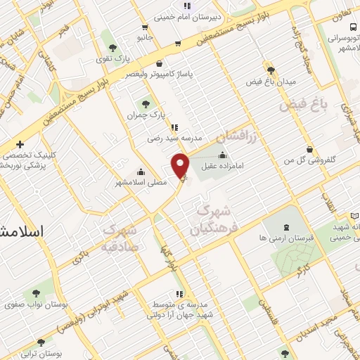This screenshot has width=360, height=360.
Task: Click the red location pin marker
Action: [x=181, y=165]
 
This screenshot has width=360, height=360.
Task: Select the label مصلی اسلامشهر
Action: [x=141, y=182]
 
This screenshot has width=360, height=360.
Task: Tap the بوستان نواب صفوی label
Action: [x=30, y=306]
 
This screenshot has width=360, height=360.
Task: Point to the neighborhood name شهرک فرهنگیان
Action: [x=211, y=219]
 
